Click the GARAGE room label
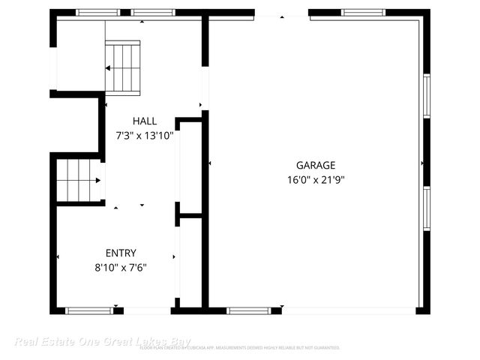click(315, 166)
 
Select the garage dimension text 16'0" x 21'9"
click(315, 179)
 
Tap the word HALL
click(145, 121)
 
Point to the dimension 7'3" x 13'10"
click(145, 136)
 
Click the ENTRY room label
click(121, 253)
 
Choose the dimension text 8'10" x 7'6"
click(121, 267)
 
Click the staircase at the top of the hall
click(123, 67)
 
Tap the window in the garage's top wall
click(363, 13)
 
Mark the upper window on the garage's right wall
click(426, 96)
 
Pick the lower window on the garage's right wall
click(426, 208)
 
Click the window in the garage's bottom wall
click(248, 310)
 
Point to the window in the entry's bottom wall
click(89, 310)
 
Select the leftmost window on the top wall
click(97, 13)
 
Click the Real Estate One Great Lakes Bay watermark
click(76, 342)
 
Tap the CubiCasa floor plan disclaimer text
click(240, 348)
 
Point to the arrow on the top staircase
click(109, 68)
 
